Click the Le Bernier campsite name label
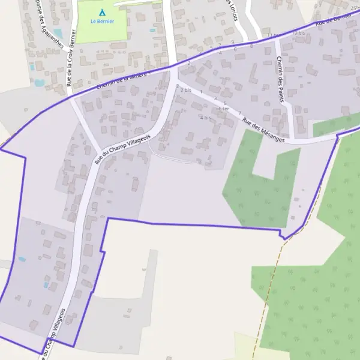(x=101, y=21)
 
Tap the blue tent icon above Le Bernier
(x=101, y=12)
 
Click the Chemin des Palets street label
(x=281, y=79)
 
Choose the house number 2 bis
(x=185, y=90)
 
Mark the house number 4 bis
(x=205, y=118)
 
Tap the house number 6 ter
(x=223, y=109)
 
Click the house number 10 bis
(x=298, y=33)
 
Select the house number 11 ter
(x=273, y=35)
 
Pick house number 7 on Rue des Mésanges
(x=239, y=113)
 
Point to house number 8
(x=251, y=45)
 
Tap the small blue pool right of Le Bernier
(x=153, y=30)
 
